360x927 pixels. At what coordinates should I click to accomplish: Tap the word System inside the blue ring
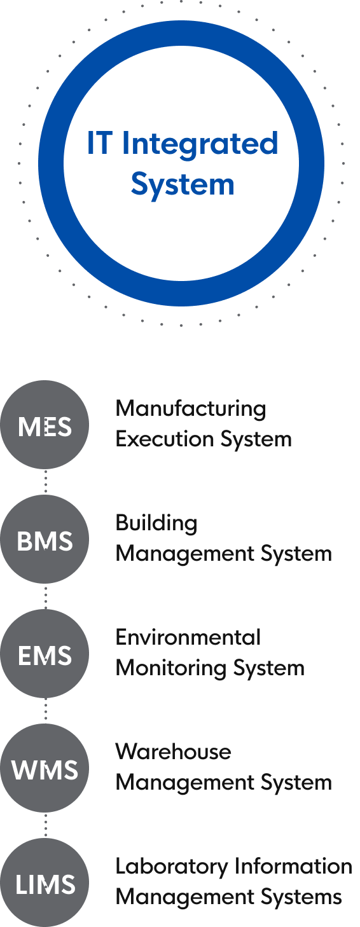coord(183,184)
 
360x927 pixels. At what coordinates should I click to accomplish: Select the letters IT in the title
coord(99,142)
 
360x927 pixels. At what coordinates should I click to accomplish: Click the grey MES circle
coord(45,425)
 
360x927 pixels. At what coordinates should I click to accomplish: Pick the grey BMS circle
coord(45,539)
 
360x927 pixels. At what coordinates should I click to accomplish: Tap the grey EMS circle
coord(45,654)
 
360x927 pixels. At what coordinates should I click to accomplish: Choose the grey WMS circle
coord(45,769)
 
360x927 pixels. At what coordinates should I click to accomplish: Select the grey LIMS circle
coord(45,883)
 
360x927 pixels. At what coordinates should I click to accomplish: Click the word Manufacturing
coord(191,409)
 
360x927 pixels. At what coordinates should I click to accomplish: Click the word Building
coord(156,524)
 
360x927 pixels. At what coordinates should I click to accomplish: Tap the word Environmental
coord(188,637)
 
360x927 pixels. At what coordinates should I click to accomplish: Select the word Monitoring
coord(170,669)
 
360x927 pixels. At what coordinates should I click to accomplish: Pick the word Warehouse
coord(174,752)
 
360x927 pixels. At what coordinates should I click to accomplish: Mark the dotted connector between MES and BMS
coord(46,482)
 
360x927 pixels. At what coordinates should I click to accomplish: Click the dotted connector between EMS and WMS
coord(46,711)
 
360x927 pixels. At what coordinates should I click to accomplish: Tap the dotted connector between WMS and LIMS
coord(46,826)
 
